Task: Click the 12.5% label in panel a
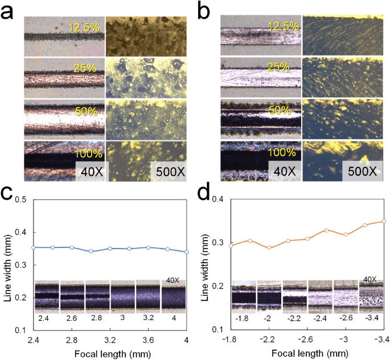pos(84,27)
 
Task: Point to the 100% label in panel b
pos(280,154)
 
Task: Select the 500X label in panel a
pos(168,170)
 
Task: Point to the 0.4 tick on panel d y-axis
pos(219,199)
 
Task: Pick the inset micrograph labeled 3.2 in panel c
pos(148,296)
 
